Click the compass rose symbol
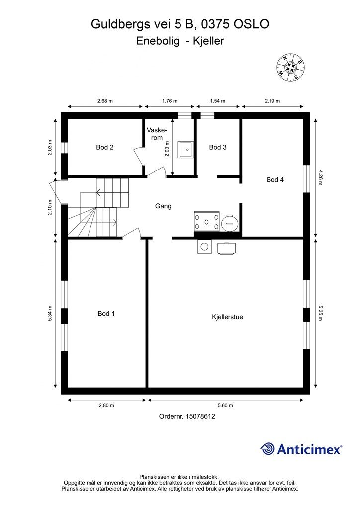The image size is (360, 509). point(290,67)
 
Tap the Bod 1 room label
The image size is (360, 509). point(106,313)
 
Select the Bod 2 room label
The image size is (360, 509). point(105,147)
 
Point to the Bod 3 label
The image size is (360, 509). point(218,147)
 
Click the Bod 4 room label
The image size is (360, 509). point(275,179)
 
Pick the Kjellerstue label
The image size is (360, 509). point(227,317)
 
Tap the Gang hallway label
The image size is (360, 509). point(163,206)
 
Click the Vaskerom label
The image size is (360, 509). point(157,134)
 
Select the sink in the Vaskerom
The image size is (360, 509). point(185,149)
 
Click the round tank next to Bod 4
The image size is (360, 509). point(230,223)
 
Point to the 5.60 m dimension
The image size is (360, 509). point(225,405)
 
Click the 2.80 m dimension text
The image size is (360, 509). point(106,405)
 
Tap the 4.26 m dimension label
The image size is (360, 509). point(320,177)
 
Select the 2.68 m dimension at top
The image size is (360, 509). point(105,101)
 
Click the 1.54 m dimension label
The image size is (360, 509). point(217,101)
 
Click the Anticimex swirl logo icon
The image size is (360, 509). point(268,449)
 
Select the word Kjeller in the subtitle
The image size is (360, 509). point(208,41)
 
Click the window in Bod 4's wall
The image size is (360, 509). point(306,179)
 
